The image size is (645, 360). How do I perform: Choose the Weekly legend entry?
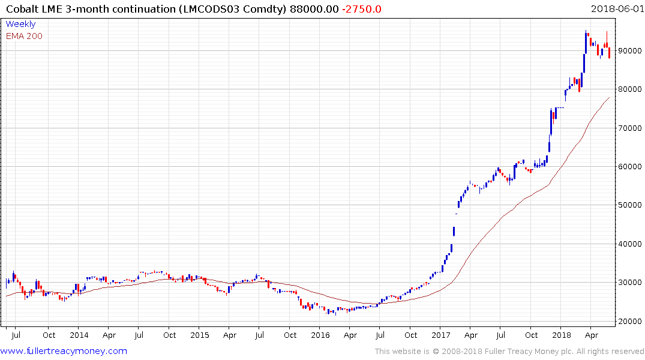(20, 25)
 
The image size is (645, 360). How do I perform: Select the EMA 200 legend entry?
(24, 36)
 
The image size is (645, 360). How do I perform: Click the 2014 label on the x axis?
(79, 335)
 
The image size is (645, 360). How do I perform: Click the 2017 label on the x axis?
(441, 335)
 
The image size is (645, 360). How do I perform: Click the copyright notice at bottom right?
(509, 352)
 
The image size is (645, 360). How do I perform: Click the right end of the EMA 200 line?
(610, 97)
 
